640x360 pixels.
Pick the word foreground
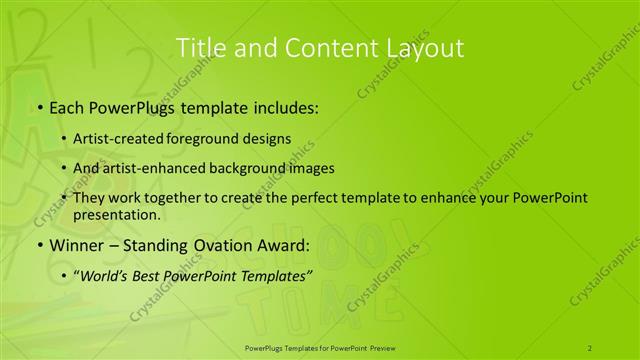coord(204,138)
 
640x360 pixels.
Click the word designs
coord(267,138)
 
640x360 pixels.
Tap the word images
coord(311,168)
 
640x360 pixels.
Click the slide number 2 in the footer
coord(591,347)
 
